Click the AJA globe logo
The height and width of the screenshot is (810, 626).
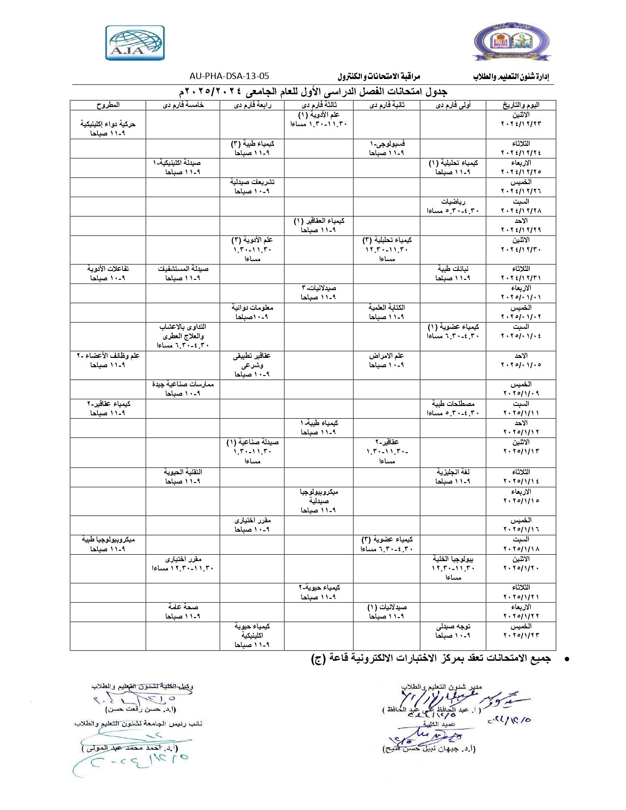click(x=135, y=43)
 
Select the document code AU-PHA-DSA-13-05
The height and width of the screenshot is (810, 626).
click(x=229, y=76)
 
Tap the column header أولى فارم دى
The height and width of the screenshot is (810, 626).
click(x=453, y=105)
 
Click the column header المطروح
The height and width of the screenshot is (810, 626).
click(x=108, y=105)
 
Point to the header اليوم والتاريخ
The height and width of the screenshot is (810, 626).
click(x=520, y=105)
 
